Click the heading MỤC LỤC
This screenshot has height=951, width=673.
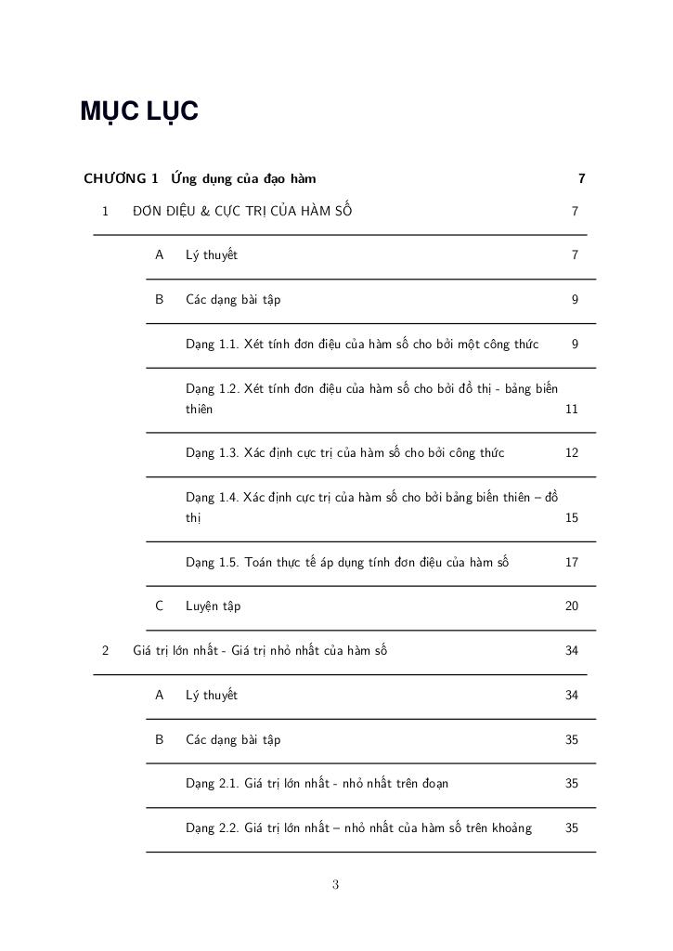[139, 111]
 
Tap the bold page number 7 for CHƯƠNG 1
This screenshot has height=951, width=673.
[581, 177]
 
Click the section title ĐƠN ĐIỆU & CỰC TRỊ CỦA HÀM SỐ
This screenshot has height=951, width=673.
[242, 211]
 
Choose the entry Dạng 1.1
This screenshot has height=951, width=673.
[212, 344]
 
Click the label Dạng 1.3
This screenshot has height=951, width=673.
[212, 453]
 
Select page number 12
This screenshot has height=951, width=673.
[572, 453]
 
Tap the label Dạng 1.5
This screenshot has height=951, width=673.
[212, 562]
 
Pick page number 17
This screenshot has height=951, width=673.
[572, 562]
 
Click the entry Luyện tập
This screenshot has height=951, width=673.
[213, 606]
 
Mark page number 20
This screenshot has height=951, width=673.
[572, 606]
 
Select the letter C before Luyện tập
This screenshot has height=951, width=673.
[160, 606]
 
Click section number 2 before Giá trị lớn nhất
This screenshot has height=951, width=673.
[105, 650]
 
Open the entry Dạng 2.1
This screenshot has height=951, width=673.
[212, 783]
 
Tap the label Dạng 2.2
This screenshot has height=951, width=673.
[212, 827]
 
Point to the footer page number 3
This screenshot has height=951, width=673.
[335, 885]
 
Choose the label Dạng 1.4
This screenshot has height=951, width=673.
[212, 497]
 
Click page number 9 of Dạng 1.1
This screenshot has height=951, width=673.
[576, 344]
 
